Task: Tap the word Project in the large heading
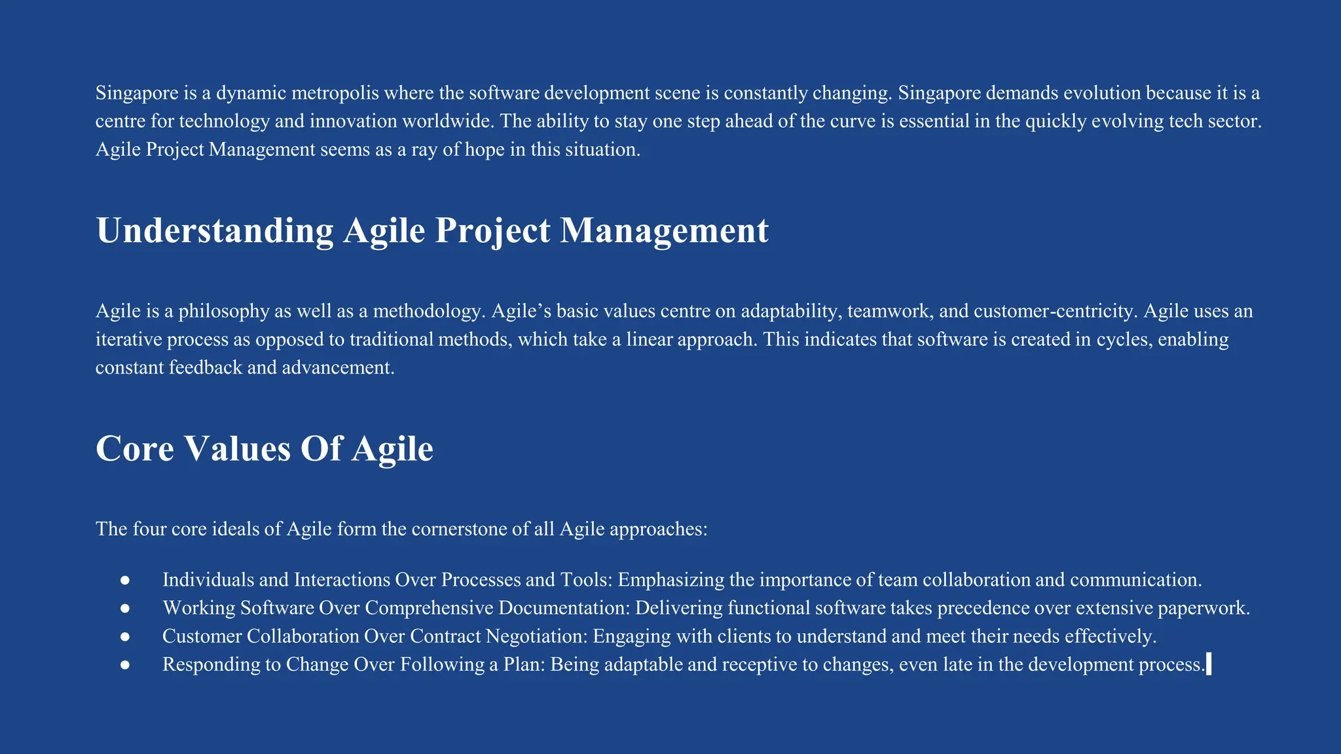click(492, 230)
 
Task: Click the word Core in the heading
click(135, 448)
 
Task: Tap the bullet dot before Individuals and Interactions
click(125, 580)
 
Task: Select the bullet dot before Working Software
click(125, 608)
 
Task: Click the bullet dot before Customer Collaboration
click(125, 636)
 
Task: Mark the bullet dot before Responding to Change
click(125, 664)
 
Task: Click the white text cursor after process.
click(1208, 664)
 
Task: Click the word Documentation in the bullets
click(564, 608)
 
